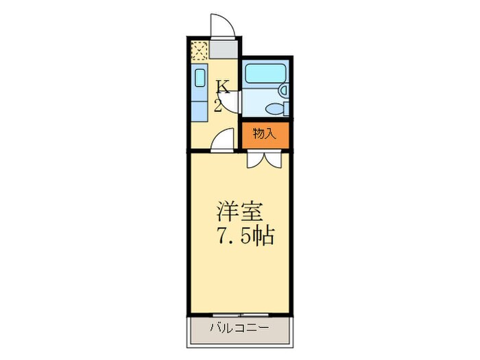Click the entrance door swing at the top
pos(222,27)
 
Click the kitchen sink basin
pos(200,77)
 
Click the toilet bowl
pos(277,108)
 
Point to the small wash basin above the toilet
pos(283,89)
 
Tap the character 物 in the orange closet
pos(259,134)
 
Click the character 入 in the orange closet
pos(270,134)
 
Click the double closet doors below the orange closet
pos(263,158)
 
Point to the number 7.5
pos(232,237)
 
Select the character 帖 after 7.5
pos(263,237)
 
